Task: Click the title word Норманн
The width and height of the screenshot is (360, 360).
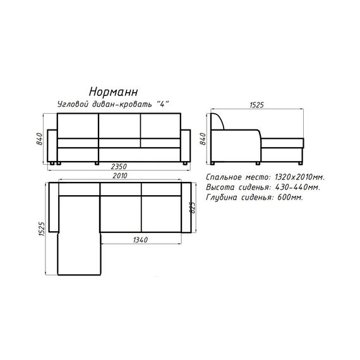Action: click(114, 92)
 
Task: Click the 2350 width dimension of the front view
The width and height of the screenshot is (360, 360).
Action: click(119, 166)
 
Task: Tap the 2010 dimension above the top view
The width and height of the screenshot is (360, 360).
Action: click(120, 176)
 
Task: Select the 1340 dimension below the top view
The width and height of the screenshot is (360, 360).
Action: click(140, 240)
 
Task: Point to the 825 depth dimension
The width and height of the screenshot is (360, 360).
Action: click(193, 208)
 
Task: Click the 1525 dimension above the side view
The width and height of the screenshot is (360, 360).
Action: click(256, 105)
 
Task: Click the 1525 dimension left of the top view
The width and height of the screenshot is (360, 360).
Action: click(42, 229)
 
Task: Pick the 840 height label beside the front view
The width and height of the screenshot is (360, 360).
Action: click(40, 139)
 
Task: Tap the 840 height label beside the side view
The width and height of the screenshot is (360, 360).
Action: click(203, 139)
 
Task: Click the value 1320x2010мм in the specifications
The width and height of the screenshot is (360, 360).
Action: click(299, 177)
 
